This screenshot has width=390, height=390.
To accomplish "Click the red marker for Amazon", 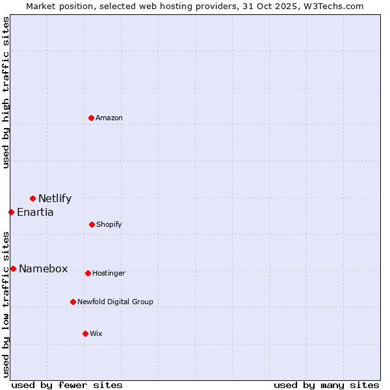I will (x=92, y=118).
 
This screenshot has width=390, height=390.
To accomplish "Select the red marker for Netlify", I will (x=32, y=198).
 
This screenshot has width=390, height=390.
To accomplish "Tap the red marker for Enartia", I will (x=11, y=212).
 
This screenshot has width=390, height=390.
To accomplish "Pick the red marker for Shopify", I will (x=92, y=224).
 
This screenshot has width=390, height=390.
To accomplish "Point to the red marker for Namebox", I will (x=13, y=268).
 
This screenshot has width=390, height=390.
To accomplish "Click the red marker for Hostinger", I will (x=88, y=273).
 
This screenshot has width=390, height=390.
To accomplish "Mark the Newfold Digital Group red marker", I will (x=73, y=302).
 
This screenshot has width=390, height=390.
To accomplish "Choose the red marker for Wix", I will (x=85, y=333).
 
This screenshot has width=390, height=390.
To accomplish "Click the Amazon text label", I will (x=109, y=118).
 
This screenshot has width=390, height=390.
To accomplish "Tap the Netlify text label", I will (x=55, y=199).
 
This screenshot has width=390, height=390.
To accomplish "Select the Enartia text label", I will (x=35, y=213).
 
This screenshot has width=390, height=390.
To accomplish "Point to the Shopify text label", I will (x=109, y=224).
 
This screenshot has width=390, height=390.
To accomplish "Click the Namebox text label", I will (x=43, y=269).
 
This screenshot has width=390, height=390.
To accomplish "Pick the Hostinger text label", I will (x=109, y=274).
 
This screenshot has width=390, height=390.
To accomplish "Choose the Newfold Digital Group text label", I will (x=115, y=302).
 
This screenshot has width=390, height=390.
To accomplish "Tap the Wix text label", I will (x=96, y=333).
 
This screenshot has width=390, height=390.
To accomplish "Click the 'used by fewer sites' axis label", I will (x=67, y=385).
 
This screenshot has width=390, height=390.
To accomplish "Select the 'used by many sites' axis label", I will (x=326, y=385).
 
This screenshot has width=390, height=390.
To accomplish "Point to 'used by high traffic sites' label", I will (x=6, y=92).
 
